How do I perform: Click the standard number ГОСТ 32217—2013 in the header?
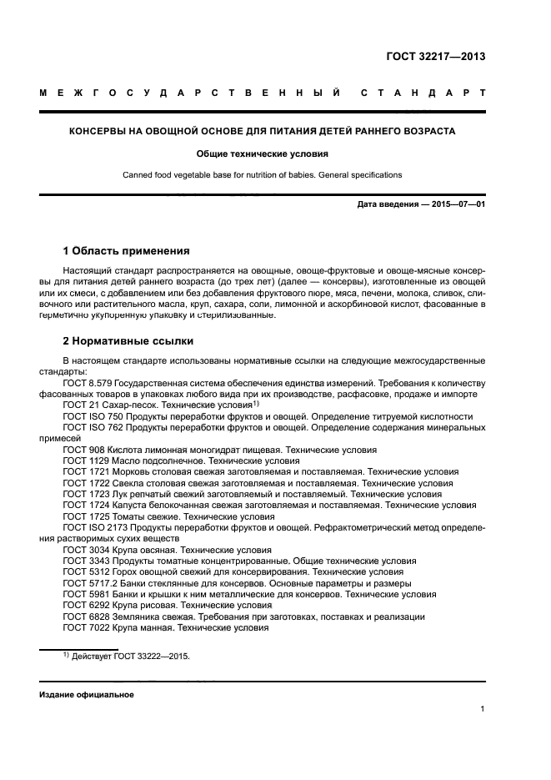click(436, 58)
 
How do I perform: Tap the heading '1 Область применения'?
click(126, 251)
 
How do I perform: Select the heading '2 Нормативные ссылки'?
click(123, 341)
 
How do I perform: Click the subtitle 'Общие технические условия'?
click(263, 153)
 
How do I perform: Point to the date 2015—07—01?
click(457, 204)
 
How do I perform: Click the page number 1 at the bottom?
click(483, 710)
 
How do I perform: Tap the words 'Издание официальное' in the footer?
click(86, 695)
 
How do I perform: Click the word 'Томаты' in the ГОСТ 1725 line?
click(132, 516)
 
